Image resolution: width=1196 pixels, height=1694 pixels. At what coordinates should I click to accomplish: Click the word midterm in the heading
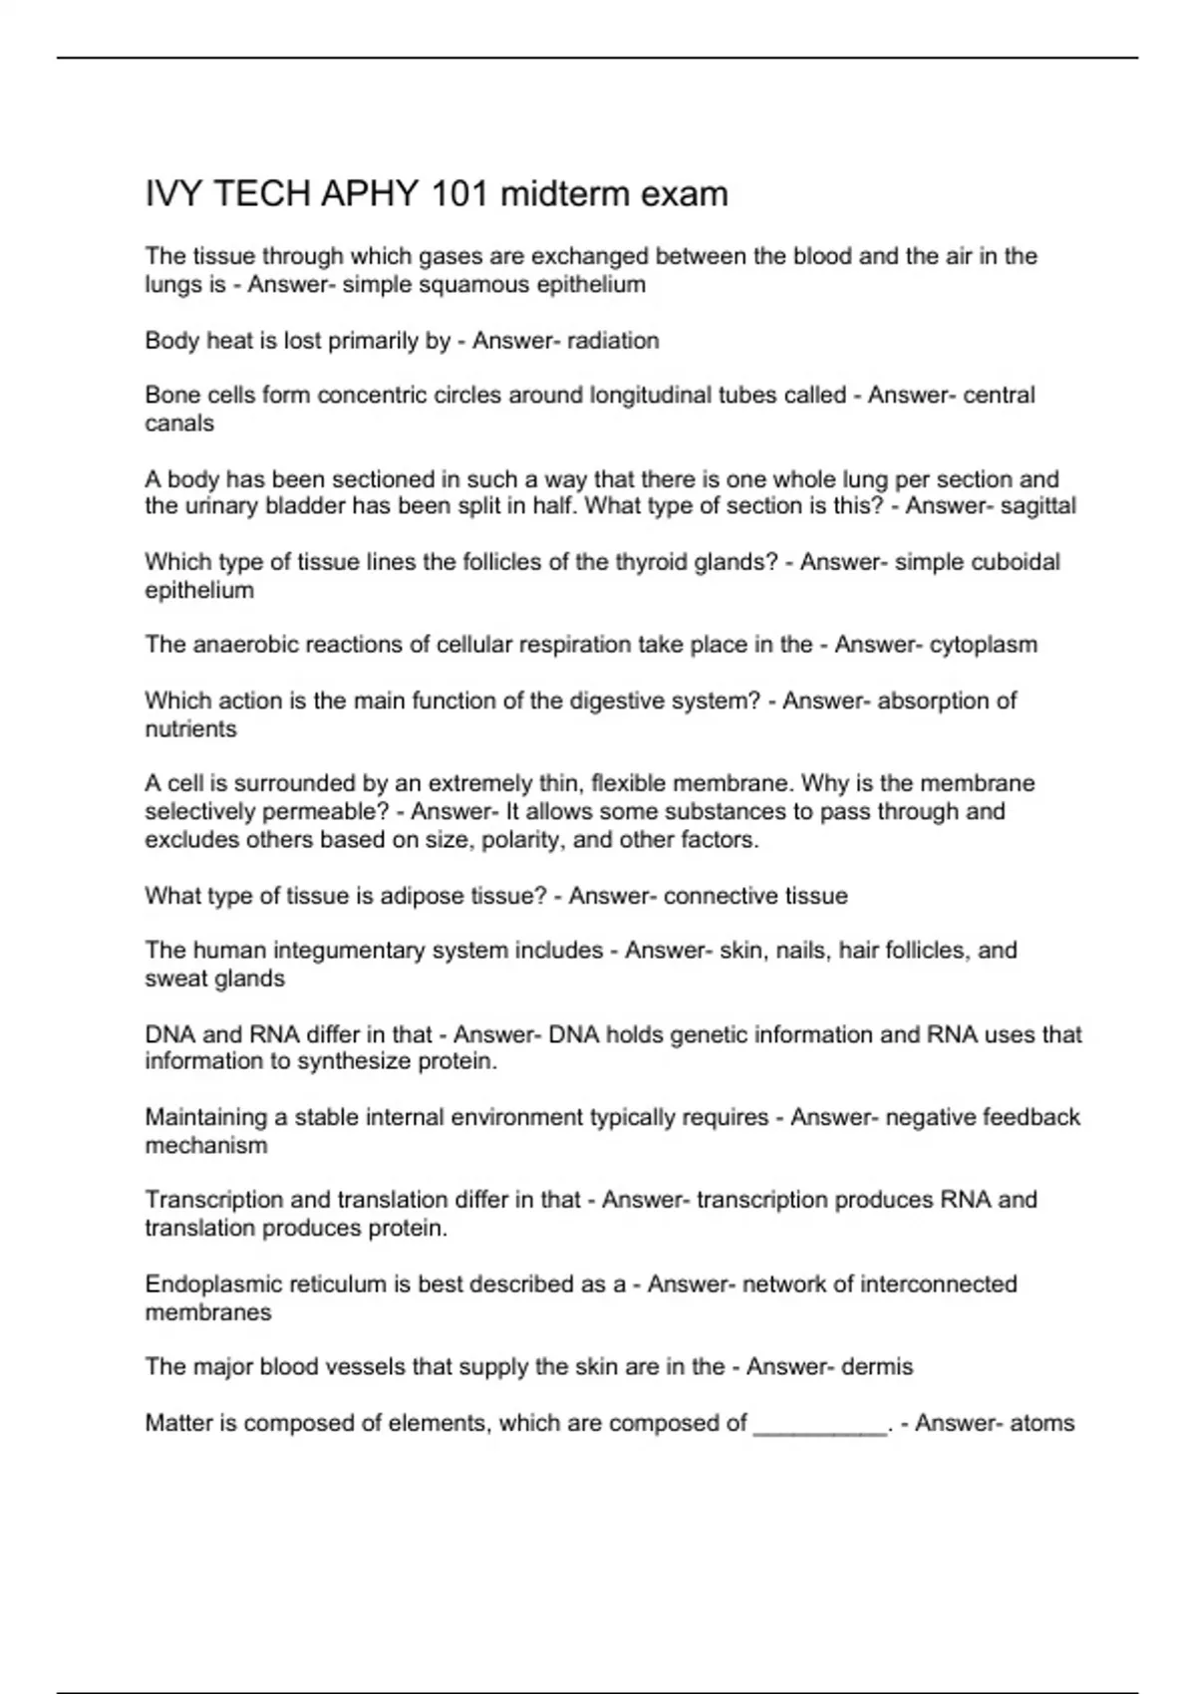click(x=565, y=193)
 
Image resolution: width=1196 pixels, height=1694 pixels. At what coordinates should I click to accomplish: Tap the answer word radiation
click(x=613, y=341)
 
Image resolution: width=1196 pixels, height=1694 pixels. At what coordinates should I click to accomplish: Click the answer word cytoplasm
click(x=983, y=645)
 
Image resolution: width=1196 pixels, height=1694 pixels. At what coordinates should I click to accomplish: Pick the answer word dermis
click(x=877, y=1367)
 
